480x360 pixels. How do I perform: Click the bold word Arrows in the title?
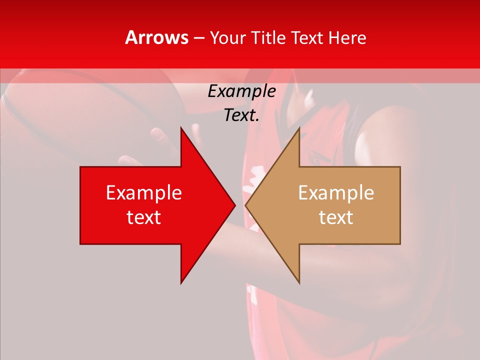tap(157, 37)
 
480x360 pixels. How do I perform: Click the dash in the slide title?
tap(199, 38)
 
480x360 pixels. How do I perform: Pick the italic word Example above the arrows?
tap(242, 91)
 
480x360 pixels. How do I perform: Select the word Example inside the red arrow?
tap(144, 192)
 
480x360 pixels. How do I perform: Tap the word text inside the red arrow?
tap(144, 217)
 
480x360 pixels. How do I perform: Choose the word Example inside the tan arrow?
tap(336, 192)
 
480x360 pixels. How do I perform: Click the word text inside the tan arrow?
tap(336, 217)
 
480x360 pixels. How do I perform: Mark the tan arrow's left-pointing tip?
tap(247, 205)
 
